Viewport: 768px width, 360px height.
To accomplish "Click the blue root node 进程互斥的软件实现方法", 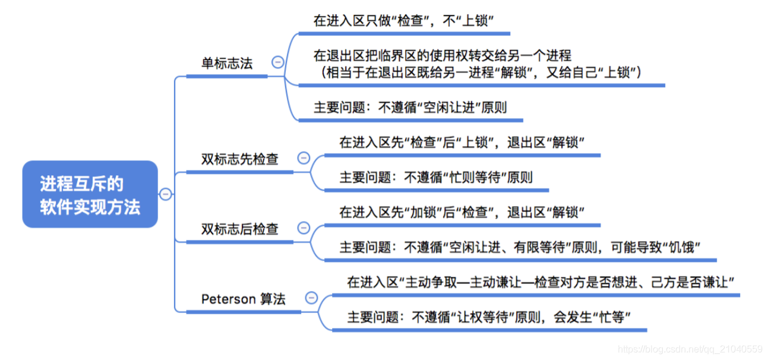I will tap(90, 194).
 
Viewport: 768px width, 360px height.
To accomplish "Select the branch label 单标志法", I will tap(227, 64).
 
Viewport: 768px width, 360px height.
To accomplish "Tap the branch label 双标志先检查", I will tap(240, 159).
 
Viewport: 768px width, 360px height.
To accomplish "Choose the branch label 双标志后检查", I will tap(240, 229).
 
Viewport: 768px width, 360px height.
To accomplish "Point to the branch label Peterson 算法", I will tap(244, 299).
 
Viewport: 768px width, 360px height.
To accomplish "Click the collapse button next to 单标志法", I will tap(277, 62).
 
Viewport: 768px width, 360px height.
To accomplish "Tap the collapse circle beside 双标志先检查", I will tap(304, 158).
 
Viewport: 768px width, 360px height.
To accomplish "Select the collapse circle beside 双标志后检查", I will tap(304, 228).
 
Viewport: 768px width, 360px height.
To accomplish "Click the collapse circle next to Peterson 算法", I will tap(311, 298).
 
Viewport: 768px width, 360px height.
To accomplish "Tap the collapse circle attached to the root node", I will tap(166, 194).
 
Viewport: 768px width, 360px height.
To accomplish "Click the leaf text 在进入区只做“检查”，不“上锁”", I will tap(404, 21).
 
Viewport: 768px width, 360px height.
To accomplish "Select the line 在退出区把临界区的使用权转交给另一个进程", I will tap(443, 55).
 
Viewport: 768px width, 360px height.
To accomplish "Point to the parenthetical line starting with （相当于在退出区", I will tap(480, 72).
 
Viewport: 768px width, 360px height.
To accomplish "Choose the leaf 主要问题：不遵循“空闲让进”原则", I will tap(410, 108).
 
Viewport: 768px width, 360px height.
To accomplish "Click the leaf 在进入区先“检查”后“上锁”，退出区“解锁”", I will tap(462, 143).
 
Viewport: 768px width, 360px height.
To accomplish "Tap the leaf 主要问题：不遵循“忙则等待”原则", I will tap(436, 177).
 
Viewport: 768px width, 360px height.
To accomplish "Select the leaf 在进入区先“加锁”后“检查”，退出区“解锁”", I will tap(462, 212).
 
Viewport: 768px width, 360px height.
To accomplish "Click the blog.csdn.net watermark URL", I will tap(690, 349).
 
